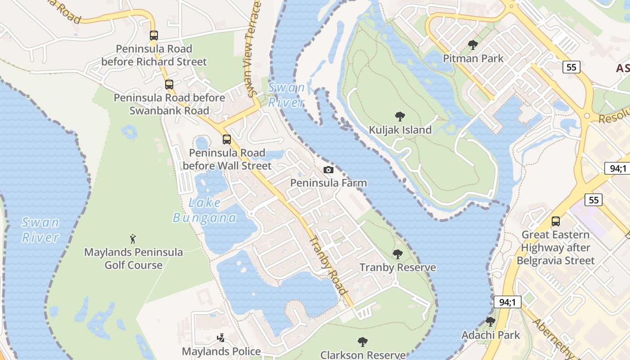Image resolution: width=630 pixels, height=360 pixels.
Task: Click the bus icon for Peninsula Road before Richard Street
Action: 154,35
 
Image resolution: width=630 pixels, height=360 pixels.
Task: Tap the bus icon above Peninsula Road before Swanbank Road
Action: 169,84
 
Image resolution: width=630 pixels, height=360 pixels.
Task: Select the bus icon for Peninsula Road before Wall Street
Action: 227,139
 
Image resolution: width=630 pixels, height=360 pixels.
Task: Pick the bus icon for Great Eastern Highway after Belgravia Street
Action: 556,221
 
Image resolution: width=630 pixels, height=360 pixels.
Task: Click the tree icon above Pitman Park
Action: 472,45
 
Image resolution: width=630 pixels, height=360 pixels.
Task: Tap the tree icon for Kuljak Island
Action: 400,117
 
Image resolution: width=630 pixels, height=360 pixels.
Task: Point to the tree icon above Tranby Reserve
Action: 397,254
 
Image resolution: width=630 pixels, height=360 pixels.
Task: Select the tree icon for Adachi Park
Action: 490,322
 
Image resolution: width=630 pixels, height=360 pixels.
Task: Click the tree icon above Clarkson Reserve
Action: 363,342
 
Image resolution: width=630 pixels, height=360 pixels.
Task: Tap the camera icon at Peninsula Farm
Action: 328,170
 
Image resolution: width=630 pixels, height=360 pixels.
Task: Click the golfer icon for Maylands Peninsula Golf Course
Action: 133,238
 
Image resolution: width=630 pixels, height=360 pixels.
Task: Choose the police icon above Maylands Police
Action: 221,337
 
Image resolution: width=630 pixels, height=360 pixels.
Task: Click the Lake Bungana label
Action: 205,210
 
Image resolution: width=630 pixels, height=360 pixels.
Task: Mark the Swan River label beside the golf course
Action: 40,229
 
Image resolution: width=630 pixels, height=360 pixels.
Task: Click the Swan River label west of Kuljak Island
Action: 286,94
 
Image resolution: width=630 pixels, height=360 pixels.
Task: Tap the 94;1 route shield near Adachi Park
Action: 507,301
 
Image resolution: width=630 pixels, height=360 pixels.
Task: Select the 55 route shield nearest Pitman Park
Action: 571,67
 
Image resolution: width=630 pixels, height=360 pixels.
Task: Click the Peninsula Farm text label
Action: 328,183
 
